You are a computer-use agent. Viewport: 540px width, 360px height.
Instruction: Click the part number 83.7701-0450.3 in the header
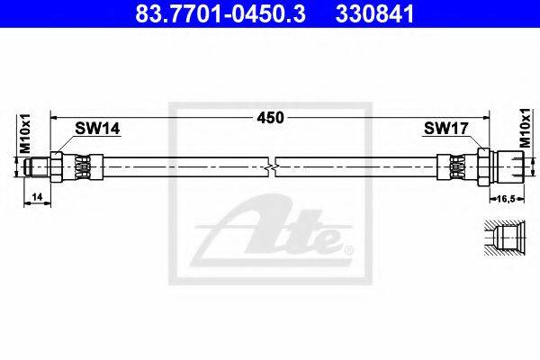pos(220,13)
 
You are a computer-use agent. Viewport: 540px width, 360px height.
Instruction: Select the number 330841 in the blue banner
pos(374,13)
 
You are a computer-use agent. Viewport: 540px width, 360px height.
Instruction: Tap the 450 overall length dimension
pos(270,118)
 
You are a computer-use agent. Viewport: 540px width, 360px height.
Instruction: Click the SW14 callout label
pos(97,129)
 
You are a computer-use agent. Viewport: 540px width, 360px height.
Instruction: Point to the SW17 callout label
pos(446,129)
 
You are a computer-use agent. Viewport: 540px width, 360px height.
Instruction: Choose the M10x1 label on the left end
pos(25,133)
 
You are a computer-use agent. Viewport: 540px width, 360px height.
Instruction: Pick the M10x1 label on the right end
pos(526,128)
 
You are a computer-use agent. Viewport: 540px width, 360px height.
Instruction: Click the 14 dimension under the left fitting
pos(37,197)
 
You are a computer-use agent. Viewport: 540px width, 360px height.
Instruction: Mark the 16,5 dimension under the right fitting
pos(506,199)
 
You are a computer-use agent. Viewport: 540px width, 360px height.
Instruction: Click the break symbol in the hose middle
pos(272,167)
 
